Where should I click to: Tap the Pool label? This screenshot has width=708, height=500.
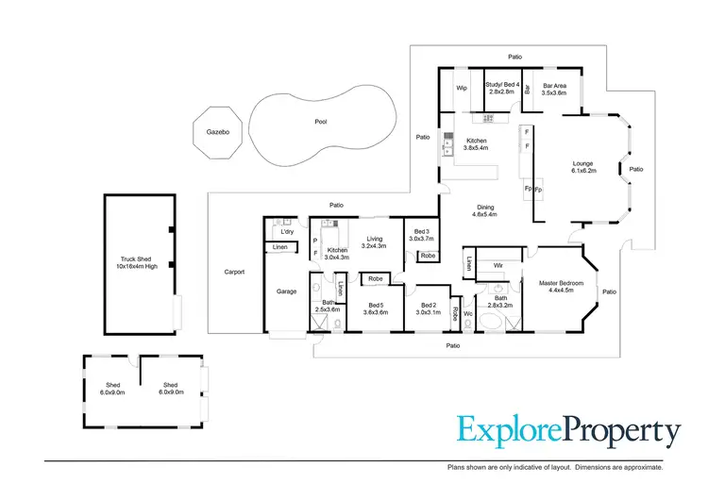point(320,123)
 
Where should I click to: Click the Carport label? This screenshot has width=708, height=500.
point(234,272)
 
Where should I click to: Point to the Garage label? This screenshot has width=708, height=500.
point(286,292)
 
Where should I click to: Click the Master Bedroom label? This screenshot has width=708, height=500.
point(561,283)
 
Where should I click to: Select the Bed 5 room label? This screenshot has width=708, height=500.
point(375,305)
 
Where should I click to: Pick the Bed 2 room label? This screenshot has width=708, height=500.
point(430,305)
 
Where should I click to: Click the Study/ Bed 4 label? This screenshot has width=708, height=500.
point(499,86)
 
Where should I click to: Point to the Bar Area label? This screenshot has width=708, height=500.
point(554,86)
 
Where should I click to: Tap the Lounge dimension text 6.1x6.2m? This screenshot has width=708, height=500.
point(583,172)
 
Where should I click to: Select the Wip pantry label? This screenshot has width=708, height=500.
point(462,88)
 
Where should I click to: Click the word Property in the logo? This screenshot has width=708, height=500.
point(622,432)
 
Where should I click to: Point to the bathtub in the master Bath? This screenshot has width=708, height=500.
point(493,325)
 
